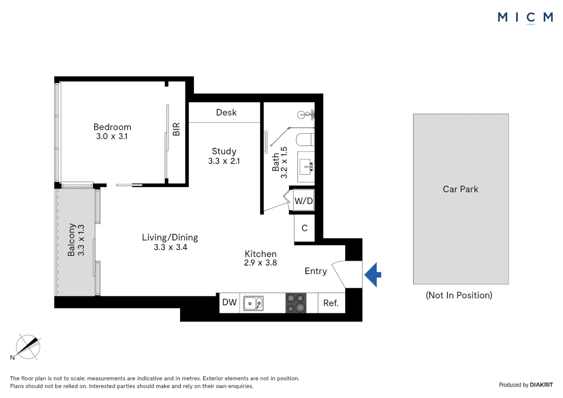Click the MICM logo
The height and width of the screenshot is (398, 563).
coord(525,17)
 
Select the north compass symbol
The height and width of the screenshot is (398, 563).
coord(28,347)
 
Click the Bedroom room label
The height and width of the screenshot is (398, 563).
coord(112,127)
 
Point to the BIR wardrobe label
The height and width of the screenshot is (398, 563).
coord(176,129)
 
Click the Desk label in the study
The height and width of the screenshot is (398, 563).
coord(226,112)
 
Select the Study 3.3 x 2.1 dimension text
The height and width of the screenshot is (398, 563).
coord(224,161)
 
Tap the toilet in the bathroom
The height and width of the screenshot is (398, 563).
coord(305,140)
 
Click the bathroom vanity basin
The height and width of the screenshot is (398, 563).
coord(306,167)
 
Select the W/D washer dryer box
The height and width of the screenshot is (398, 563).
coord(304,201)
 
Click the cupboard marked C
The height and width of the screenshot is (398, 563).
coord(304,228)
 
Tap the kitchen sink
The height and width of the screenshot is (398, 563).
coord(253,303)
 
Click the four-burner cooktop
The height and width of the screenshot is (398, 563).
coord(296,303)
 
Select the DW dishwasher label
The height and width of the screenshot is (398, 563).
coord(229,303)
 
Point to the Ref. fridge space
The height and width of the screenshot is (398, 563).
coord(331,303)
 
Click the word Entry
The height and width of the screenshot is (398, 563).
coord(316,271)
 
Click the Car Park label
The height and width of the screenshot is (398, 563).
coord(461,189)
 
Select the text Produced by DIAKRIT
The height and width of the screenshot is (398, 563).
coord(526,385)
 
